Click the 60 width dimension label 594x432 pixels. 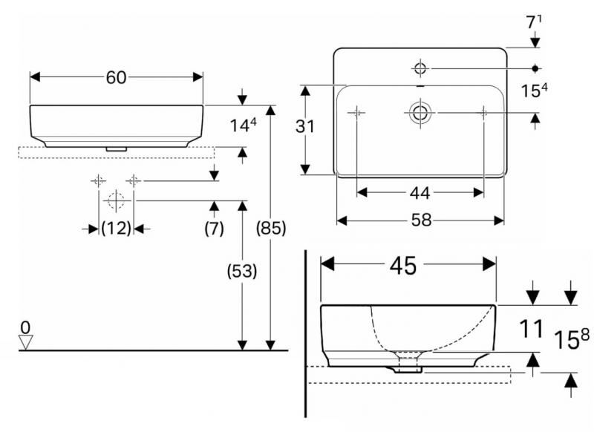(116, 77)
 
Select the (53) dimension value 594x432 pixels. (241, 272)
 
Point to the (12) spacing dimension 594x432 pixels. (116, 229)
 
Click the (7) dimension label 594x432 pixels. (214, 229)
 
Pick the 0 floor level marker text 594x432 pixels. (27, 327)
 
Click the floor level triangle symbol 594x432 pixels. (27, 341)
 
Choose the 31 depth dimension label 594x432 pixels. (305, 127)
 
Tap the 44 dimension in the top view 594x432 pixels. (420, 193)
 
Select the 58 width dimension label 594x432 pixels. (420, 220)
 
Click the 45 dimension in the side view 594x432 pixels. (408, 265)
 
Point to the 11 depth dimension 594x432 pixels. (530, 329)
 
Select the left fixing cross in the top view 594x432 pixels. (357, 112)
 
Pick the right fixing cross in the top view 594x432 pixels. (484, 112)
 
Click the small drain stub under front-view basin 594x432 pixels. (116, 148)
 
